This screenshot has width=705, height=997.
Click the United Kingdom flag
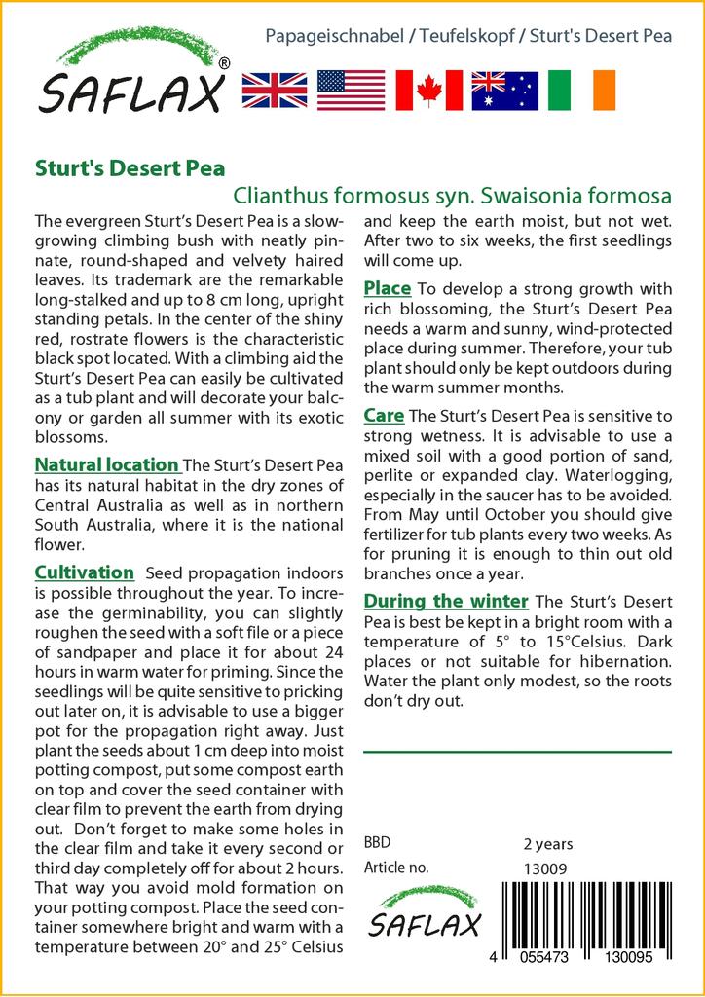coord(274,91)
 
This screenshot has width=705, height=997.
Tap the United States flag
coord(351,91)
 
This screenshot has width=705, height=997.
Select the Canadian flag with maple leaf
coord(427,91)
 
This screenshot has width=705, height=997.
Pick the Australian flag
coord(504,91)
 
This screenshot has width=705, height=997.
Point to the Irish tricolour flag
coord(581,91)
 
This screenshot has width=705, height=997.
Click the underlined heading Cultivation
coord(84,572)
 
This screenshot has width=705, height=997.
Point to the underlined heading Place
coord(387,288)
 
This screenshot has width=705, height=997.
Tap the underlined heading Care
coord(384,416)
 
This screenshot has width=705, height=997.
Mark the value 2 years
coord(548,844)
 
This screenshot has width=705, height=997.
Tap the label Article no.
coord(396,868)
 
